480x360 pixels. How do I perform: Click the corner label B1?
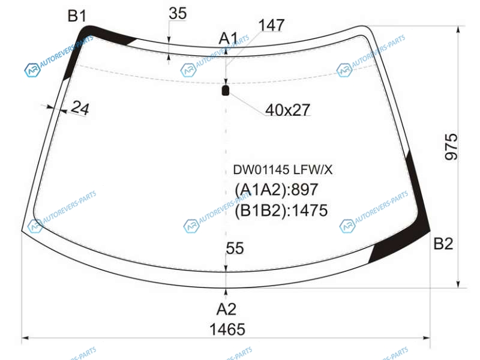(x=77, y=16)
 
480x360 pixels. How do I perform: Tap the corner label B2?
(x=443, y=244)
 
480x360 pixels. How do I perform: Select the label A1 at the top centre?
(x=229, y=39)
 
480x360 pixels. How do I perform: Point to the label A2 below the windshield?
(x=227, y=309)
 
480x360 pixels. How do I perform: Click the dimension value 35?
(x=178, y=13)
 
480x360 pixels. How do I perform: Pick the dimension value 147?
(x=272, y=25)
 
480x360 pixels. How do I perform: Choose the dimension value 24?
(x=80, y=108)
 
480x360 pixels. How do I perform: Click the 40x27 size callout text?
(x=288, y=110)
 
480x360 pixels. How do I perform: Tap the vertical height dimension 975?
(x=451, y=146)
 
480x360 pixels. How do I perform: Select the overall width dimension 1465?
(x=227, y=329)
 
